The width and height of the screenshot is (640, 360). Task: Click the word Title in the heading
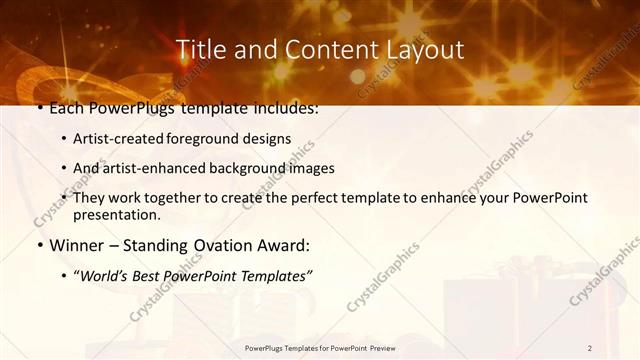click(198, 49)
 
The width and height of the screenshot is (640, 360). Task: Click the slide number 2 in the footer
click(590, 348)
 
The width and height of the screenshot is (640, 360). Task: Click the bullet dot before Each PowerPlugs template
click(39, 108)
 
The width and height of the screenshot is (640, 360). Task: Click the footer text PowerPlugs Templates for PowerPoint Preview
click(319, 348)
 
